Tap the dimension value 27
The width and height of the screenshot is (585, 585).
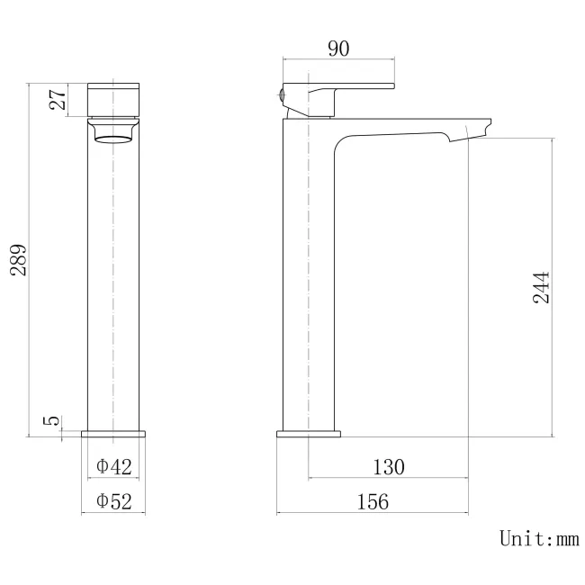point(57,99)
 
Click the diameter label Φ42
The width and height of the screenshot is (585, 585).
point(114,466)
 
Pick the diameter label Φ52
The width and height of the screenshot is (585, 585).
point(114,501)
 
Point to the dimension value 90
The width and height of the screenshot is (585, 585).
point(338,49)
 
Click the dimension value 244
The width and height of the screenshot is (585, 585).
point(541,286)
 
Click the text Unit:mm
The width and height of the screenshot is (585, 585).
point(538,539)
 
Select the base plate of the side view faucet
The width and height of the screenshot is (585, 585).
point(309,434)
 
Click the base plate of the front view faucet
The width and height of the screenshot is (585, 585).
point(113,434)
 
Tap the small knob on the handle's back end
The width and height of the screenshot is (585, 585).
point(282,94)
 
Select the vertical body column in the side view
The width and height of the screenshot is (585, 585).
point(309,270)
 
